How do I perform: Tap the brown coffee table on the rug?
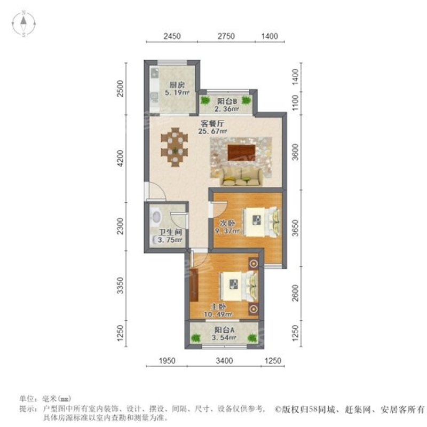(241, 152)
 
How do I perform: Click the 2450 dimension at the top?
(171, 37)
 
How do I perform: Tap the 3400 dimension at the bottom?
(224, 361)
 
